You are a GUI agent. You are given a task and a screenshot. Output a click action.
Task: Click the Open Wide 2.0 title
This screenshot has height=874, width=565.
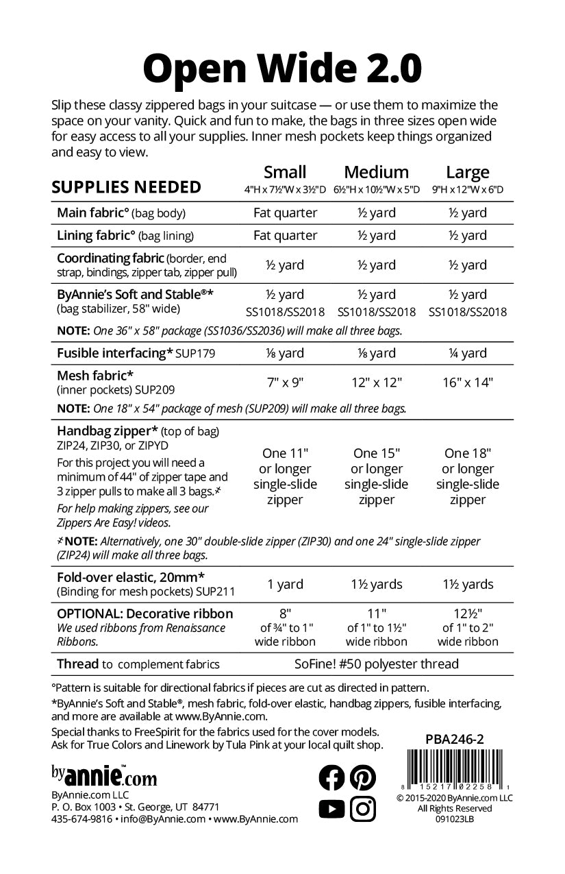click(282, 69)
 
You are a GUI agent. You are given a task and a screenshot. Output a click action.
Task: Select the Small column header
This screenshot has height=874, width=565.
click(285, 172)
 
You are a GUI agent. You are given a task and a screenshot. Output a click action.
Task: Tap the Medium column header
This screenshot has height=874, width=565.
click(376, 172)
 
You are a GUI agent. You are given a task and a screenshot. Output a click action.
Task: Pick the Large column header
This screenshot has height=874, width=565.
click(468, 172)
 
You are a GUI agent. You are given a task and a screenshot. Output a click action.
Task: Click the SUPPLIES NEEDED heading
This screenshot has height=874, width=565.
click(127, 187)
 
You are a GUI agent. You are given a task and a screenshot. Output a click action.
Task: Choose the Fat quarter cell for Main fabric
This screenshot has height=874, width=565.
click(285, 213)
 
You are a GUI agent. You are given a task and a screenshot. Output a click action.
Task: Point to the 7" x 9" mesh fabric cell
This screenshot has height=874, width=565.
click(285, 383)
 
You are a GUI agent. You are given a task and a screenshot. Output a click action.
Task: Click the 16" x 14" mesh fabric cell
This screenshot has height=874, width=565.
click(468, 383)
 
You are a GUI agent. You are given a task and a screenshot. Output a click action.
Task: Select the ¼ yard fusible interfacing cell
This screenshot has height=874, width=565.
click(468, 353)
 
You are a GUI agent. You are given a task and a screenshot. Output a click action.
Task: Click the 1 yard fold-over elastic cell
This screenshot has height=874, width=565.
click(285, 584)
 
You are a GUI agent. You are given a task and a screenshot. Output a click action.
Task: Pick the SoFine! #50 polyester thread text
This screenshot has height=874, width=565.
click(375, 664)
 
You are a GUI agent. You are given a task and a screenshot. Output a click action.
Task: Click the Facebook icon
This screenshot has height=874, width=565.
click(332, 777)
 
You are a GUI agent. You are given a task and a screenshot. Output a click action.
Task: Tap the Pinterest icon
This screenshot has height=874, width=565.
click(363, 777)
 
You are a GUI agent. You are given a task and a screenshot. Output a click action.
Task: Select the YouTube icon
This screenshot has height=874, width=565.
click(332, 809)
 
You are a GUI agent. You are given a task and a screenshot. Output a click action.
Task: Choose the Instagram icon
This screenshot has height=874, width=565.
click(363, 809)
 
